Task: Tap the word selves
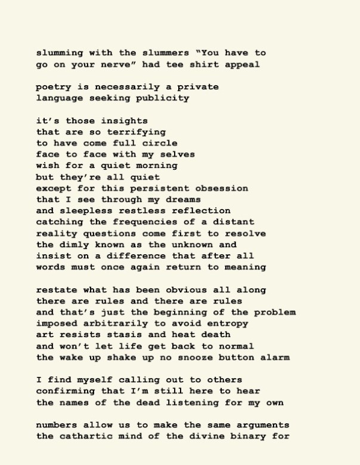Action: click(x=178, y=154)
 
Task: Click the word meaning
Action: click(x=245, y=267)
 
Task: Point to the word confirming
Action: click(x=66, y=391)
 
